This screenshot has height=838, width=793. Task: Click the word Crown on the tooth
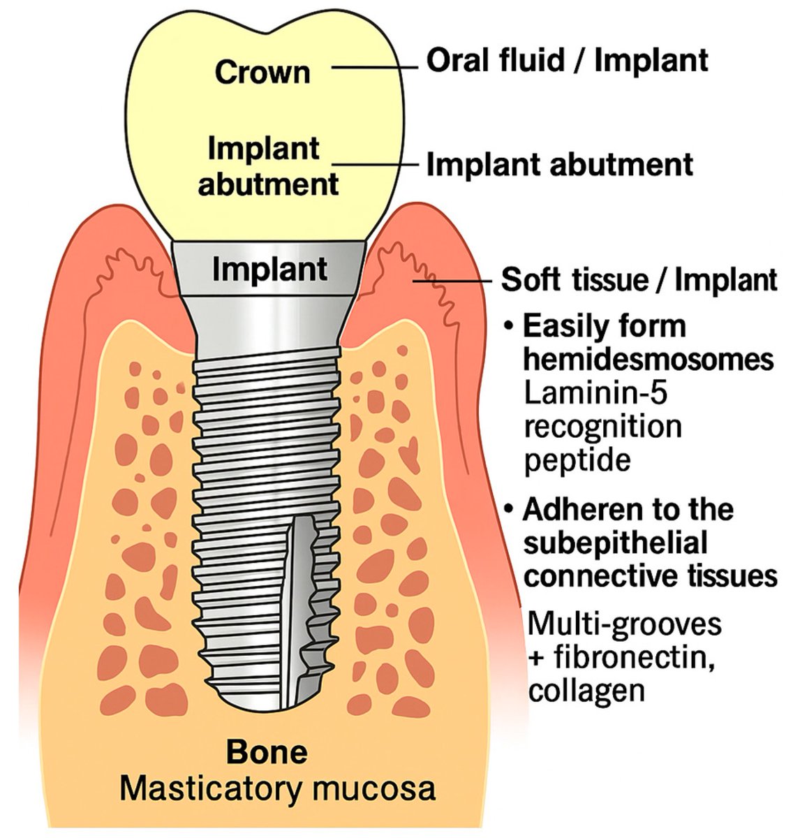coord(262,73)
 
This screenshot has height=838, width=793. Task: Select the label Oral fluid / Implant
coord(568,61)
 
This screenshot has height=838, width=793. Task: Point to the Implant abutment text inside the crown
coord(268,166)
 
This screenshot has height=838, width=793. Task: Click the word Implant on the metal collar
coord(269,270)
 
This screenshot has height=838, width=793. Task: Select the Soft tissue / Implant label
coord(639,280)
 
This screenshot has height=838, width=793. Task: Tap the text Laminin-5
coord(595,394)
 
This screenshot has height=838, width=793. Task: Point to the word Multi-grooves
coord(623,623)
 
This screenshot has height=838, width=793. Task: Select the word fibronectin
coord(631,657)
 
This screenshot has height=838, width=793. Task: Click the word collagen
coord(586,691)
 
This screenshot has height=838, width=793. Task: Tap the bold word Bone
coord(267,752)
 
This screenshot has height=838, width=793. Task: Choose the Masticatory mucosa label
coord(277,789)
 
